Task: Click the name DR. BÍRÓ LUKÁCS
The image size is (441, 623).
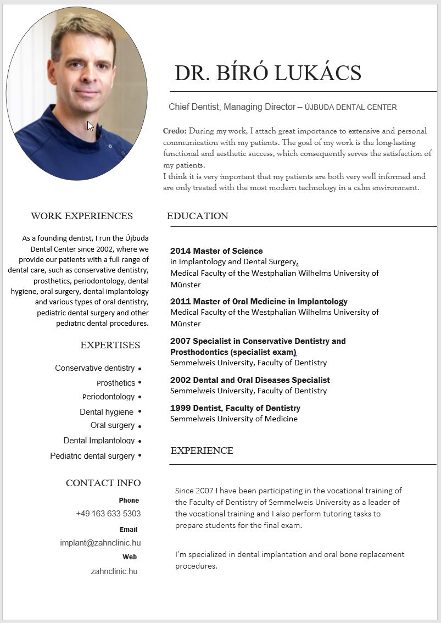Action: (x=267, y=73)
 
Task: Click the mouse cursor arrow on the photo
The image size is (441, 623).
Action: (x=90, y=126)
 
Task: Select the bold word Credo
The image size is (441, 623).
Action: (x=175, y=131)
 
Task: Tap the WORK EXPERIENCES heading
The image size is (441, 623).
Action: (x=82, y=216)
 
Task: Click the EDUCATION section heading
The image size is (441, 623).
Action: (x=197, y=216)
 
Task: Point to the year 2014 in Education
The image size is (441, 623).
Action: (x=180, y=251)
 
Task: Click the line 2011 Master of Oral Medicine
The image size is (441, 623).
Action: (x=259, y=302)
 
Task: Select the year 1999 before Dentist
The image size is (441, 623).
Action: (x=180, y=408)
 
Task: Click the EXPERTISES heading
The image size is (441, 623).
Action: (x=110, y=345)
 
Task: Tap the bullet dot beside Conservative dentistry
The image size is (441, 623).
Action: (x=140, y=369)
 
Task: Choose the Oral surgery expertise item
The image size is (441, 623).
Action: (x=112, y=425)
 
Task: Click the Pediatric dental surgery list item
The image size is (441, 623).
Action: (x=92, y=456)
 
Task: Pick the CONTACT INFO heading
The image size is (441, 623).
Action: (x=103, y=483)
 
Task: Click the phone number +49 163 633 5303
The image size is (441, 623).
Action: (x=108, y=514)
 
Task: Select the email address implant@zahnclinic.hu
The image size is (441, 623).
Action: (x=101, y=543)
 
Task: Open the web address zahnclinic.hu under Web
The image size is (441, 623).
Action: (x=114, y=571)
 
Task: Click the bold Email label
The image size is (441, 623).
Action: (x=129, y=530)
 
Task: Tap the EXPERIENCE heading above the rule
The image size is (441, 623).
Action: (x=202, y=450)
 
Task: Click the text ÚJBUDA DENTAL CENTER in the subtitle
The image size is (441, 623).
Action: (x=350, y=108)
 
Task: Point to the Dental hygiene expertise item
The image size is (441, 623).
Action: (x=107, y=412)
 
